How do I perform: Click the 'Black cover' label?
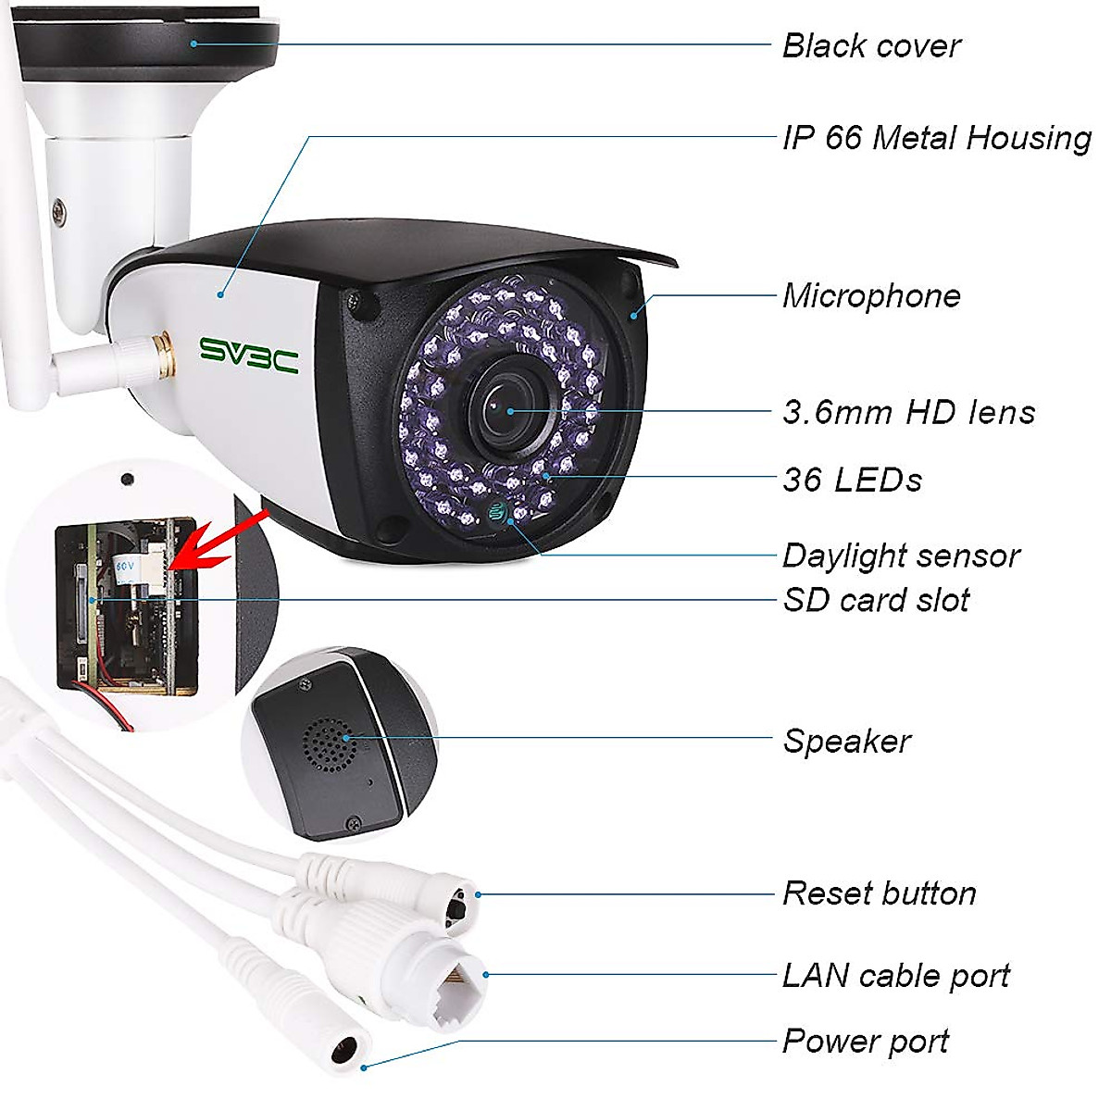point(871,45)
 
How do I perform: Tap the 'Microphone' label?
point(871,296)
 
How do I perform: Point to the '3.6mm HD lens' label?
point(908,412)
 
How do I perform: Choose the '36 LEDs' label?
point(852,480)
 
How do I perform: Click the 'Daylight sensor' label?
point(901,555)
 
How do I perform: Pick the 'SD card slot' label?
point(876,600)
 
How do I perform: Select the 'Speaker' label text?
point(846,741)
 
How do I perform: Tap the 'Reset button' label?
point(879,893)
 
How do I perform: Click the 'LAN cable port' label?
point(895,976)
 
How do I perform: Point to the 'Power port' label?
point(865,1042)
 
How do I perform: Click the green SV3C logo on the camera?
point(249,355)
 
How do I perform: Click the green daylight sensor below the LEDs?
point(500,510)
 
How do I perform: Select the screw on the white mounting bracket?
point(59,212)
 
